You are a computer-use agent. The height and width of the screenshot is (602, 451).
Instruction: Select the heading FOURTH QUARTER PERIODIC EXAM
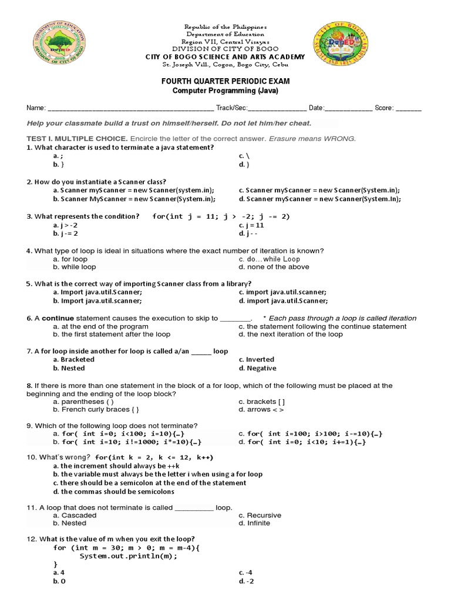[226, 81]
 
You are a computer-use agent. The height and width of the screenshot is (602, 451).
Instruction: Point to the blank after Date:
[348, 108]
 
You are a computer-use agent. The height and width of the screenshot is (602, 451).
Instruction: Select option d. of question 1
[244, 165]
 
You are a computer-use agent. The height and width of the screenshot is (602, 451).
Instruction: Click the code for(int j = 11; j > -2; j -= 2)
[221, 216]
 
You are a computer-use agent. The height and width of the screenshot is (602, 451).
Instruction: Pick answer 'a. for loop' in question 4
[70, 259]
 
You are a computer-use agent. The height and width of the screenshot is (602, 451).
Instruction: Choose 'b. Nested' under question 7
[69, 368]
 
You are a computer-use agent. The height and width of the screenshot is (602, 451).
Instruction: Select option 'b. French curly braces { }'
[96, 409]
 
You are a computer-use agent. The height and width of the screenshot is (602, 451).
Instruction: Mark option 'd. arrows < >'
[261, 409]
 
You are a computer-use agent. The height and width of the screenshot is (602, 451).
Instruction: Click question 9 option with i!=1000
[129, 442]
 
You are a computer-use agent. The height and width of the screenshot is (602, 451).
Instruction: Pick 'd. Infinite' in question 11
[255, 523]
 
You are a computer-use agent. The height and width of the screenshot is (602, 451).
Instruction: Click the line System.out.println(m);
[128, 556]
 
